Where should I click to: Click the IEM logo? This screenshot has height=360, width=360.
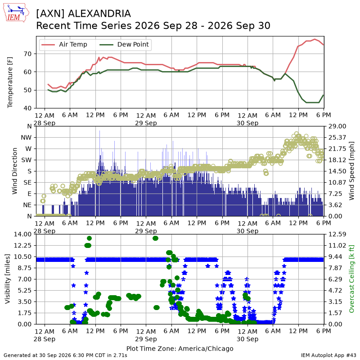16,13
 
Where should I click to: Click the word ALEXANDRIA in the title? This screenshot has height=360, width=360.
99,13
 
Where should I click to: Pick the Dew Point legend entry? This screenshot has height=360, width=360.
124,45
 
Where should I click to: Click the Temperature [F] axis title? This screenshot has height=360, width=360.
10,82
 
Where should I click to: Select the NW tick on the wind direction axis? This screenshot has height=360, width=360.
26,138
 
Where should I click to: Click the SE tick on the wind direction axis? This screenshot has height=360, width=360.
27,183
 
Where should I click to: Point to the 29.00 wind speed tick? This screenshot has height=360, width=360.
337,126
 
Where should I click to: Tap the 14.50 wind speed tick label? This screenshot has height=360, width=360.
337,171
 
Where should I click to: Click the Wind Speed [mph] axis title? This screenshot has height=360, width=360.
351,171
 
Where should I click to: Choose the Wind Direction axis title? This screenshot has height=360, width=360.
15,171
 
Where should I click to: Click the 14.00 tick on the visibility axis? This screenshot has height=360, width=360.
22,234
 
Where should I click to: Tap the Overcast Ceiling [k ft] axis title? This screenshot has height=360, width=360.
351,279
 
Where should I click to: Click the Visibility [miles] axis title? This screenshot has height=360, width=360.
8,279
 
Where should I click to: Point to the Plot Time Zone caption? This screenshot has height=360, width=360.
180,348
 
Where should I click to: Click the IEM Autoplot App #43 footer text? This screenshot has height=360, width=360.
328,355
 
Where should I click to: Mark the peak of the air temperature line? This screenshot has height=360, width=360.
315,39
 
